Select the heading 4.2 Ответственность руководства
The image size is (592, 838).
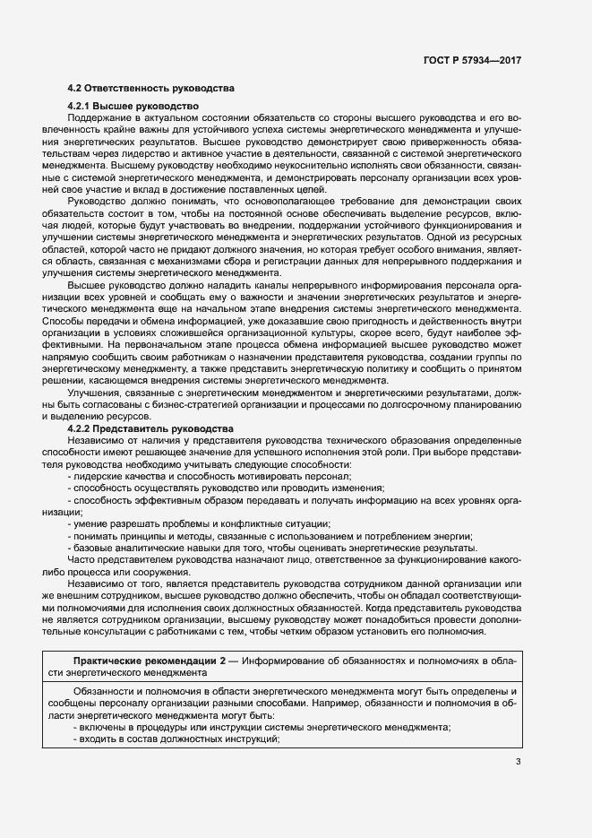[x=151, y=89]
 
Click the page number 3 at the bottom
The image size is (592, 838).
[x=518, y=762]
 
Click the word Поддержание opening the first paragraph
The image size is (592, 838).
[x=99, y=118]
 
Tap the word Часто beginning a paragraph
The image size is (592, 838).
[x=82, y=559]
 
